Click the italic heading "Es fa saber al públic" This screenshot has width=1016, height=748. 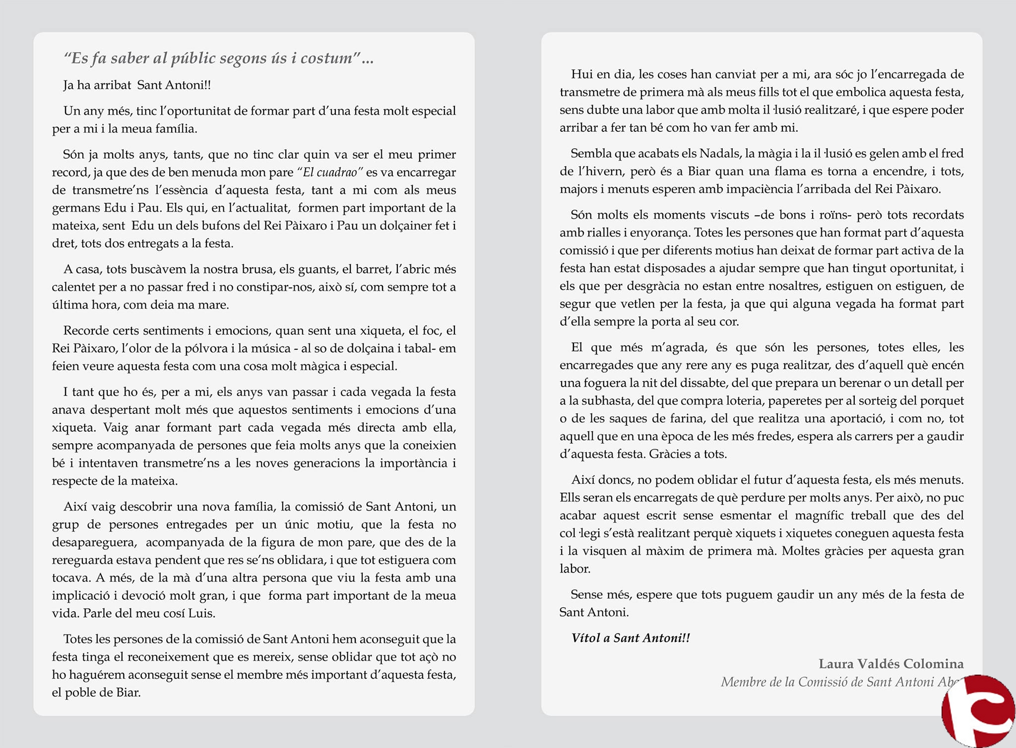[218, 58]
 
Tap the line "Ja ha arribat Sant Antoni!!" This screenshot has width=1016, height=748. [137, 85]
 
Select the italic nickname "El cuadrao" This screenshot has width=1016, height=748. [330, 173]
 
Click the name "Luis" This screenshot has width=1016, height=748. [201, 613]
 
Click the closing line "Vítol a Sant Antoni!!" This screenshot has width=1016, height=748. [631, 638]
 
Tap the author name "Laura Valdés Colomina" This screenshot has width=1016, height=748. [891, 664]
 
